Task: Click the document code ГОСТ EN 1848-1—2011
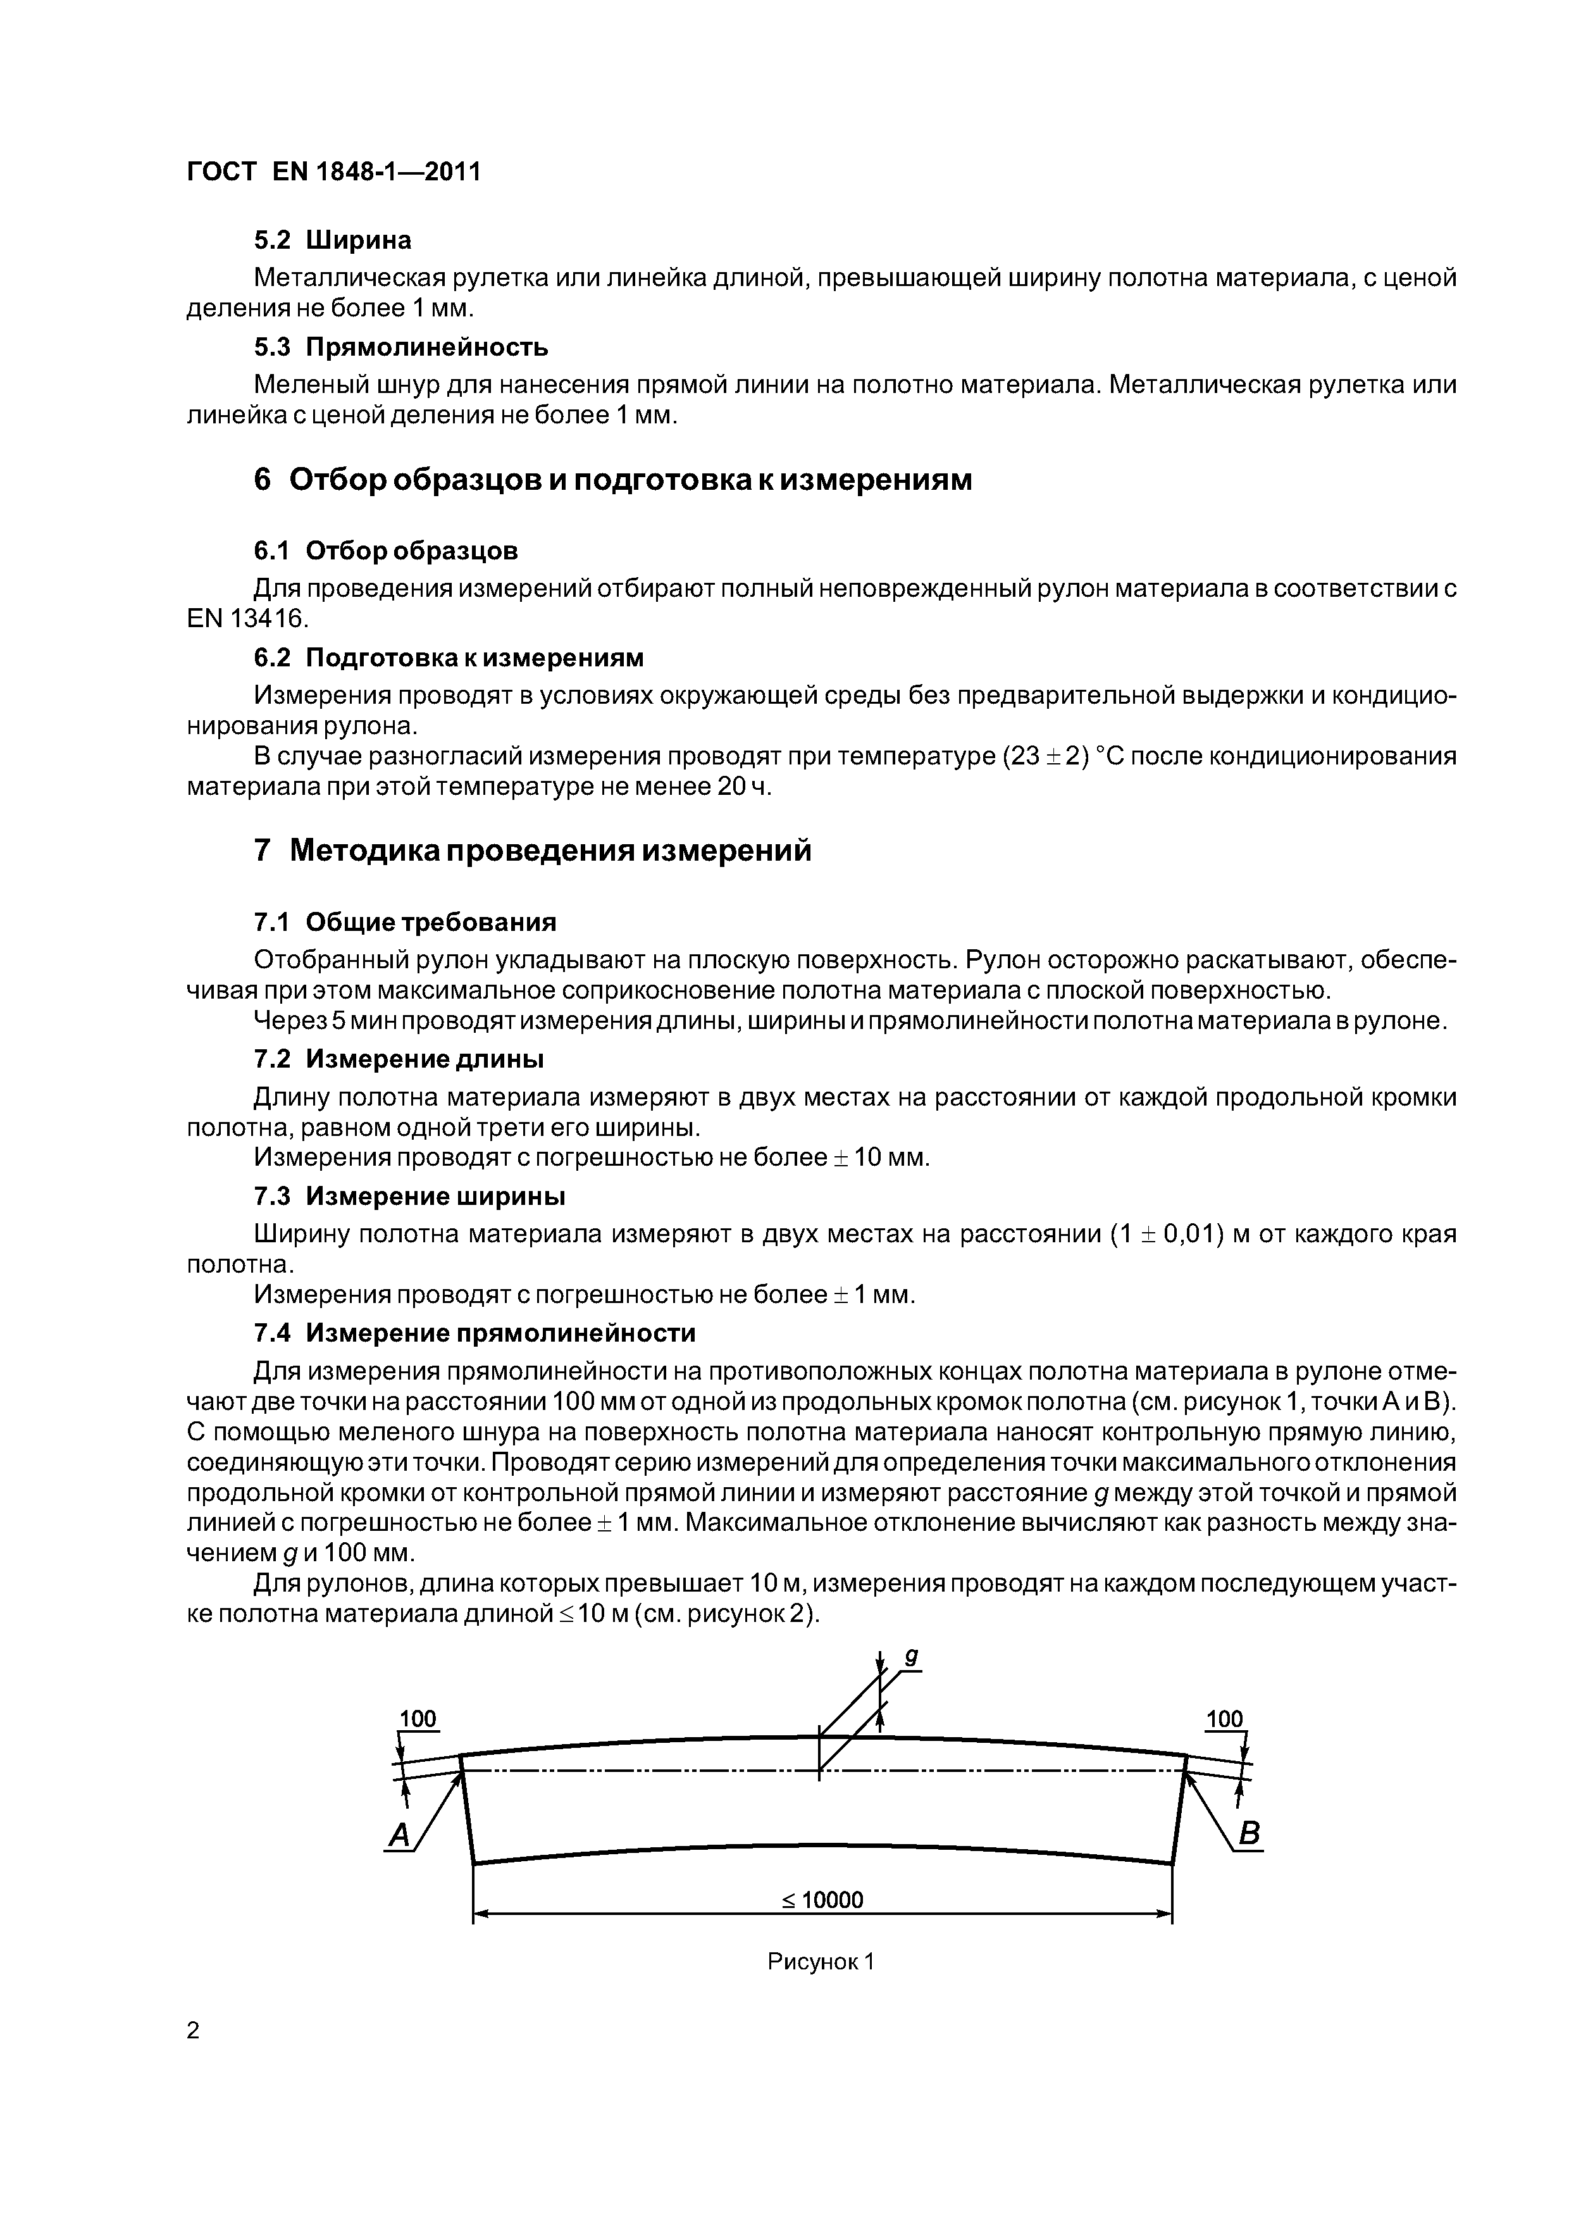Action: pyautogui.click(x=333, y=172)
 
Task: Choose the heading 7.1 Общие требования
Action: pyautogui.click(x=404, y=923)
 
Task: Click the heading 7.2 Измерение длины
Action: pyautogui.click(x=399, y=1060)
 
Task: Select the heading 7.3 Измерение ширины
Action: pyautogui.click(x=409, y=1197)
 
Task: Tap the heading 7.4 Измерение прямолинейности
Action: pyautogui.click(x=474, y=1333)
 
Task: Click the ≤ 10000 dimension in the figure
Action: pyautogui.click(x=822, y=1901)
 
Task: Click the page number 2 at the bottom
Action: pyautogui.click(x=194, y=2031)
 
